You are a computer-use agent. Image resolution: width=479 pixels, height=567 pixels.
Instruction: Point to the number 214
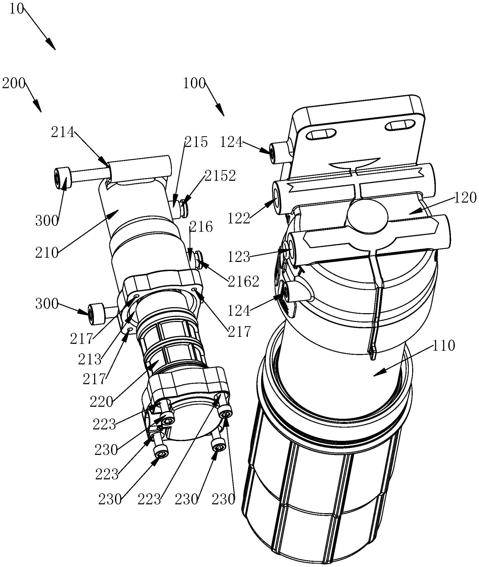coord(63,133)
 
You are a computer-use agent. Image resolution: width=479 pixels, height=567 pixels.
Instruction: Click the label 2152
coord(220,176)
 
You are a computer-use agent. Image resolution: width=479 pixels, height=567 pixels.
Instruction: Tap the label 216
coord(201,227)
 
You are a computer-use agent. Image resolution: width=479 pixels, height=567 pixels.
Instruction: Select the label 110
coord(443,346)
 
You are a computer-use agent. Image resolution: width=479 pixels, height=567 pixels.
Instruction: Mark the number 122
coord(239,218)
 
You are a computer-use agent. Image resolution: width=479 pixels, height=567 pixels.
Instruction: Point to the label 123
coord(239,257)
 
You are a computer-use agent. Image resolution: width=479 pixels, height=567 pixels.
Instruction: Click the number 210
coord(47,253)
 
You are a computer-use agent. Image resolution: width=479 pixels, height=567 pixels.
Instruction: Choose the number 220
coord(102,402)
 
